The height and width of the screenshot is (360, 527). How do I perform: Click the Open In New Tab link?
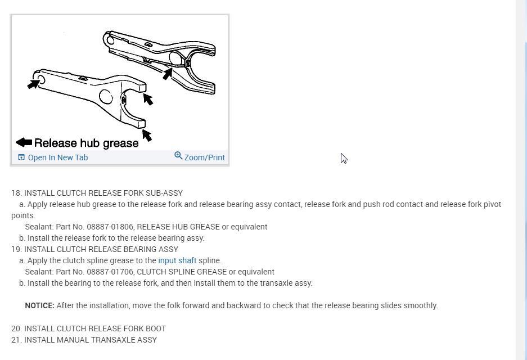(x=57, y=157)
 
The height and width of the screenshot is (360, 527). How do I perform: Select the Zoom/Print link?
(x=204, y=157)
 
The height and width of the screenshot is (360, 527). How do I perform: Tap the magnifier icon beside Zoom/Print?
(x=178, y=156)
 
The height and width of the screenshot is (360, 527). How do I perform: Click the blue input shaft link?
(x=177, y=260)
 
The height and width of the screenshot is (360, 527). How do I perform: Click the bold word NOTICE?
(x=39, y=305)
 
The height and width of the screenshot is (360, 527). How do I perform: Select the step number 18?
(x=16, y=193)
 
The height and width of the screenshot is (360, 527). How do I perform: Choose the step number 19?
(x=16, y=249)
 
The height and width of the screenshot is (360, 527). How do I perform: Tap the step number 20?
(x=16, y=328)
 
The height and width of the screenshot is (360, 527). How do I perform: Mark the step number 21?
(x=16, y=340)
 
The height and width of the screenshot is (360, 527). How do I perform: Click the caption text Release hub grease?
(x=86, y=143)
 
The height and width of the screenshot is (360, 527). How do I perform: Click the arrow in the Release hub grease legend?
(x=24, y=142)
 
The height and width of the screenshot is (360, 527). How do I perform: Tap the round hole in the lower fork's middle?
(x=105, y=97)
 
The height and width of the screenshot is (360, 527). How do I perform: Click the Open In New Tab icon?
(x=21, y=157)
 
